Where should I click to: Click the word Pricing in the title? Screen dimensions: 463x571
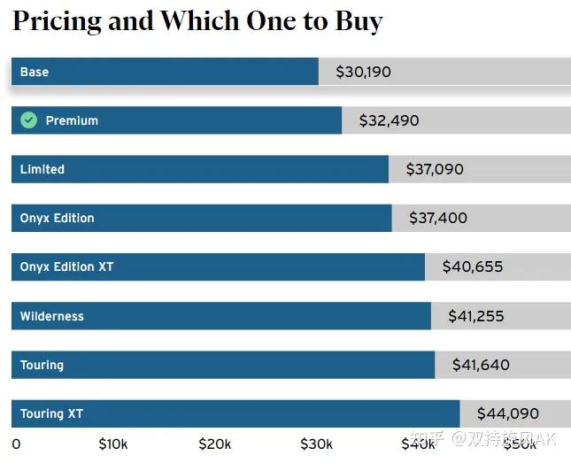point(55,22)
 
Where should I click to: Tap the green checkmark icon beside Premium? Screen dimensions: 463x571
point(29,120)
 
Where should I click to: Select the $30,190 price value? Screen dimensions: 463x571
point(363,72)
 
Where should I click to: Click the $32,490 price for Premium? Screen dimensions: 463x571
point(389,120)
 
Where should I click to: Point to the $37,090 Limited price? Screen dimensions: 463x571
point(435,169)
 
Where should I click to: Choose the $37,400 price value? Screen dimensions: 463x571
point(438,218)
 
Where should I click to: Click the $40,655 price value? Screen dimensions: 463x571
point(474,266)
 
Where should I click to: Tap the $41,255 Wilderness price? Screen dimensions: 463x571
point(476,316)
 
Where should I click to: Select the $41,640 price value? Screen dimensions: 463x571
point(481,365)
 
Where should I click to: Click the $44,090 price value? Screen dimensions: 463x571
point(507,413)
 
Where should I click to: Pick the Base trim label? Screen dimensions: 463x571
point(35,72)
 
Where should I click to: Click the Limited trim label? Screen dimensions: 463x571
point(42,169)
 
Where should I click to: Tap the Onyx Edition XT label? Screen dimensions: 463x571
point(66,266)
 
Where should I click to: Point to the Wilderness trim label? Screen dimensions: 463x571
point(52,316)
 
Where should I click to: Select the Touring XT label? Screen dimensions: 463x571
point(51,413)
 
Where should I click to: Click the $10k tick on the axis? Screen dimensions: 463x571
point(113,444)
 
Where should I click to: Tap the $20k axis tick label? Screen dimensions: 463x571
point(215,444)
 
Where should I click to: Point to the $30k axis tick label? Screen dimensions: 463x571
point(316,444)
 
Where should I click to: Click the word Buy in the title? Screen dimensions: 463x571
point(358,22)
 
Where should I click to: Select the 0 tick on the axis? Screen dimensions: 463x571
point(16,444)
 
